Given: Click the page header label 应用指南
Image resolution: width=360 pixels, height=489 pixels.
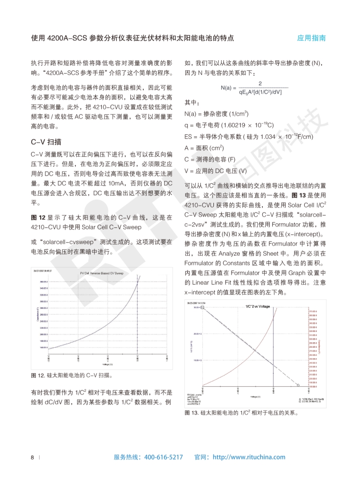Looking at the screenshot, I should pos(311,38).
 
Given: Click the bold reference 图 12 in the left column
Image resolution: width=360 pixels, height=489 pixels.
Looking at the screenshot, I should pos(37,217).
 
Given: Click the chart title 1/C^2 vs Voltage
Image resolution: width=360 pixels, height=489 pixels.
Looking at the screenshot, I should pos(257,306).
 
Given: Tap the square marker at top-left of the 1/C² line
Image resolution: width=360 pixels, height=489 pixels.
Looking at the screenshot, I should pos(202,308).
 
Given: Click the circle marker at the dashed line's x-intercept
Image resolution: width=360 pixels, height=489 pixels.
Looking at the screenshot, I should pos(298,385).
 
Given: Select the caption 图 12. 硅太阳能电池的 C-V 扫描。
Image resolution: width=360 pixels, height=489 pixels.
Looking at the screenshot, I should pos(71,375).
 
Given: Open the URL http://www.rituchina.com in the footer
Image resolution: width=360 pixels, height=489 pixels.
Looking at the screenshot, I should pos(249,457).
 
